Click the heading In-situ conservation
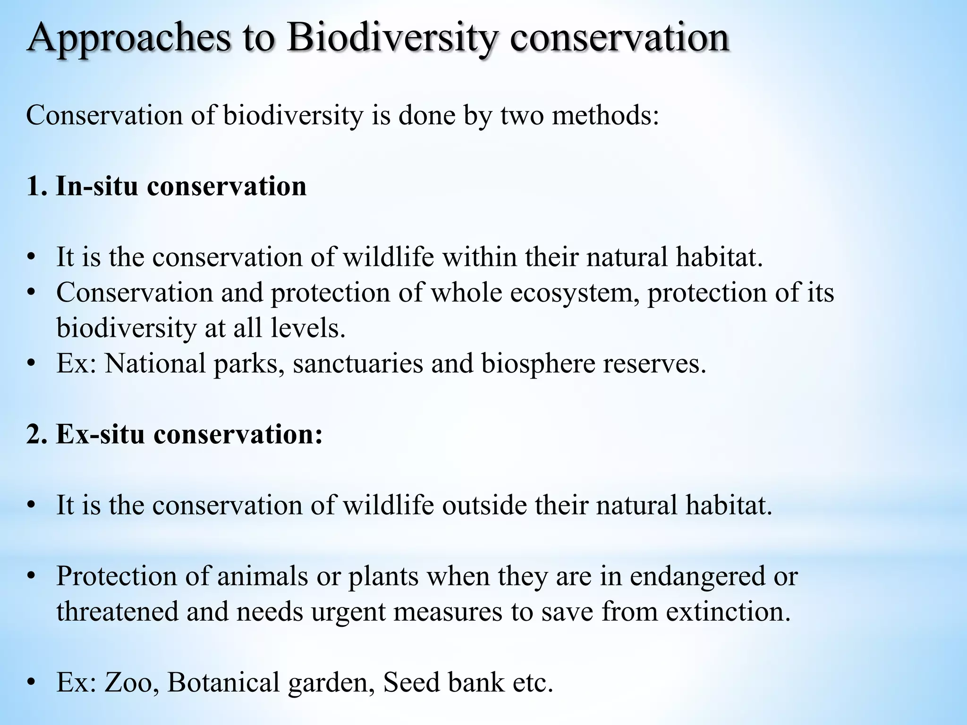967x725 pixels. pos(166,186)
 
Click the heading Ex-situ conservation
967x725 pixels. pos(175,433)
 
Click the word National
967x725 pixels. pos(155,363)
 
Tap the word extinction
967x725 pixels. pos(728,611)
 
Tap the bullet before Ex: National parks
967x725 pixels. pos(31,364)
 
